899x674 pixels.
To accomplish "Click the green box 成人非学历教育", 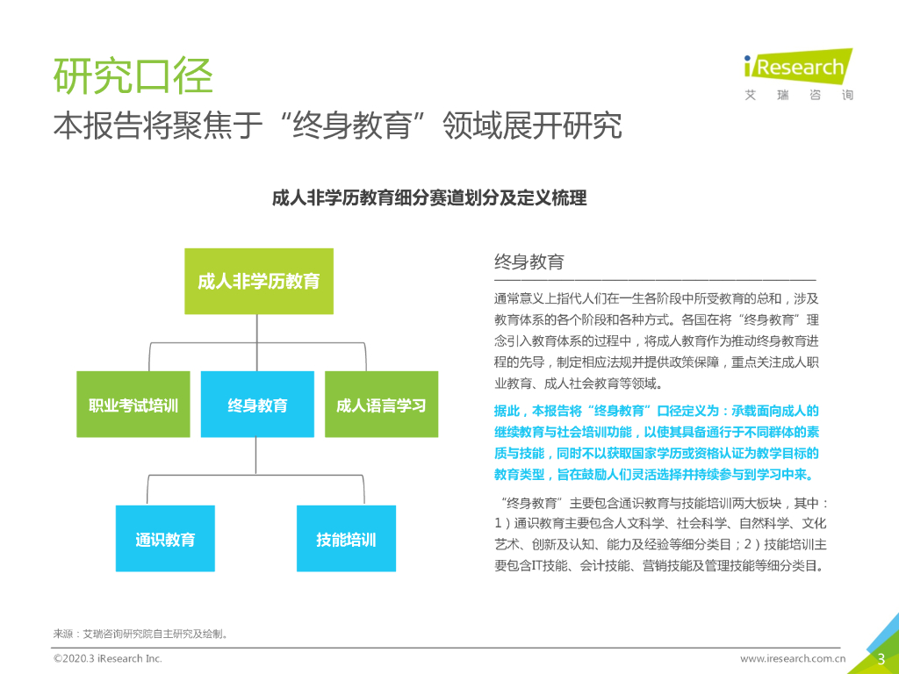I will pos(258,282).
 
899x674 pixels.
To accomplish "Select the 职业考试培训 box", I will pos(133,405).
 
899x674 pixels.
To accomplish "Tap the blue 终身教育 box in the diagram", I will pos(257,405).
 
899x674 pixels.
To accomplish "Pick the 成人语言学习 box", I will pos(381,405).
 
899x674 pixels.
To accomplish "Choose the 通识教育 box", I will pos(165,539).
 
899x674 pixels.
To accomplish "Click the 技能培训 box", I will pos(346,539).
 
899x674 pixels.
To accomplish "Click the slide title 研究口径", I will pos(133,76).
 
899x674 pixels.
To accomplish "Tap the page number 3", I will pos(881,659).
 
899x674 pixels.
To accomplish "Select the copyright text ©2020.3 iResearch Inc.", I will pos(108,658).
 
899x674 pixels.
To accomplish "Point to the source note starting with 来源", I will pos(141,633).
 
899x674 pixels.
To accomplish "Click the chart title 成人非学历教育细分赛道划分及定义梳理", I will pos(429,198).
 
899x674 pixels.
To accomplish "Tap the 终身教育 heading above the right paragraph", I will pos(529,262).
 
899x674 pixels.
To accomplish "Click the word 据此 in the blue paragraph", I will pos(507,411).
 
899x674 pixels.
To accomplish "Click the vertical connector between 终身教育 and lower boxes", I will pos(256,456).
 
